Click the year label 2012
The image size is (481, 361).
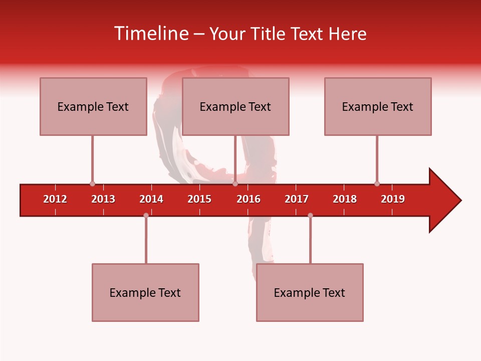tap(55, 199)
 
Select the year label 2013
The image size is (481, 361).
tap(103, 199)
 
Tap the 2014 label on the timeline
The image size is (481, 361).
tap(151, 199)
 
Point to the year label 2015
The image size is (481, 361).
tap(199, 199)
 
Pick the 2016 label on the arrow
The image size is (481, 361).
tap(249, 199)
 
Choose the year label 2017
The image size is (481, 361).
tap(297, 199)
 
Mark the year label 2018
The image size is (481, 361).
tap(345, 199)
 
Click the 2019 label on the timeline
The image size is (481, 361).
tap(393, 199)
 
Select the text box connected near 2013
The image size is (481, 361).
tap(93, 106)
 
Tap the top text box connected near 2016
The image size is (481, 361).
tap(235, 106)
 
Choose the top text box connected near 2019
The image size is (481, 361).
tap(378, 106)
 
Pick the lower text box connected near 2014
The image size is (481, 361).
tap(145, 292)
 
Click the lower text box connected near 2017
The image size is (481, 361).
tap(310, 292)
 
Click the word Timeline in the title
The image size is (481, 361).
tap(152, 34)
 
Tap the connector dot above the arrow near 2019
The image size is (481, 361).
tap(377, 184)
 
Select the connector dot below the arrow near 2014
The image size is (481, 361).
tap(146, 215)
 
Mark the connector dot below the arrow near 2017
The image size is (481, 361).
tap(310, 215)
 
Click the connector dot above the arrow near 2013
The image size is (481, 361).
tap(92, 184)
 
